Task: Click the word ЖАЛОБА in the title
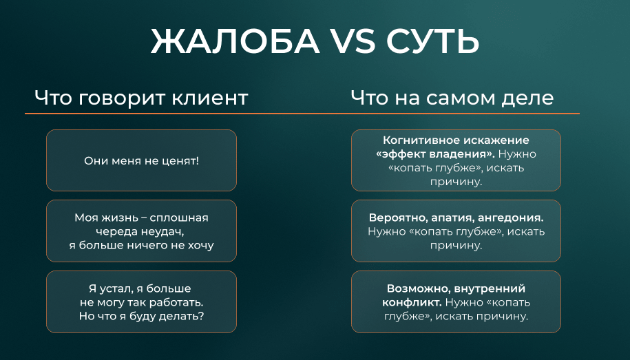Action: coord(235,41)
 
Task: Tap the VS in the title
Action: coord(352,41)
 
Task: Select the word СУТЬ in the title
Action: coord(432,41)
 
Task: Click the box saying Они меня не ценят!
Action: coord(141,160)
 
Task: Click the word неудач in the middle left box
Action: coord(160,232)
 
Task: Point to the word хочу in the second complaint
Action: coord(200,246)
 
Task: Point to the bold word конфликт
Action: coord(412,302)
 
